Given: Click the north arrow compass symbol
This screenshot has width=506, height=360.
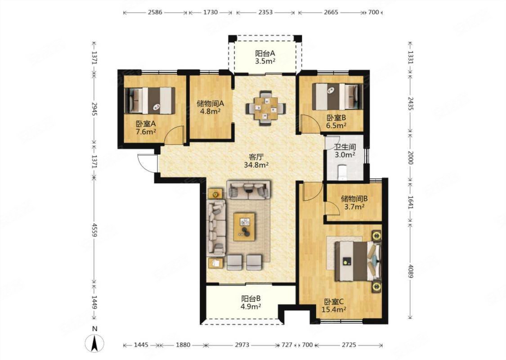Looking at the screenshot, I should (94, 343).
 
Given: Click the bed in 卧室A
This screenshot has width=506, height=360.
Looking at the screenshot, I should (150, 100).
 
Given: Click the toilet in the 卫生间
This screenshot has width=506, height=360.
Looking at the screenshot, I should (342, 172).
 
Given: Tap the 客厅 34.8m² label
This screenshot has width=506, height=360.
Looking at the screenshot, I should (256, 161).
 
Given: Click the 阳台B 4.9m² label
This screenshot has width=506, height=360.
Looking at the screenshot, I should (251, 302).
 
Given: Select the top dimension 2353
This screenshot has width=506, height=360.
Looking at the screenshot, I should (265, 13).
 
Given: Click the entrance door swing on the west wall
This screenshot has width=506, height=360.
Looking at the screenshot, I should (147, 163).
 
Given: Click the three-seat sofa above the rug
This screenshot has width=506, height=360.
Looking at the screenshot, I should (249, 189).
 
